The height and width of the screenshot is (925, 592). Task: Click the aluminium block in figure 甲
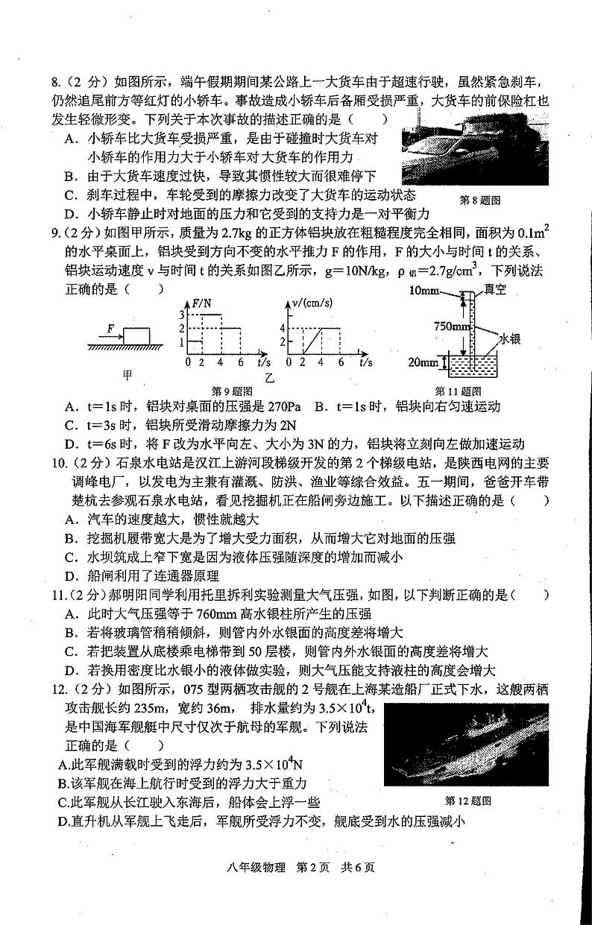(136, 335)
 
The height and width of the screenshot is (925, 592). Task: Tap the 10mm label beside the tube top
(424, 289)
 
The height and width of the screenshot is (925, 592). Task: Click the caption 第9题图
(233, 391)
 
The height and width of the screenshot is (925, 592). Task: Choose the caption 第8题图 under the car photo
(478, 200)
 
